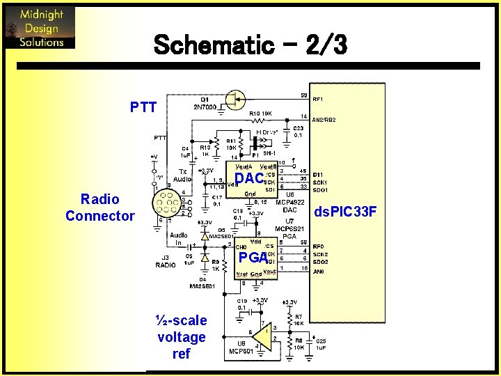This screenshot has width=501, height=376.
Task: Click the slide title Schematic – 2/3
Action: click(x=249, y=46)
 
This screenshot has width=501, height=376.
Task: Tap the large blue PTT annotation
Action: click(x=143, y=107)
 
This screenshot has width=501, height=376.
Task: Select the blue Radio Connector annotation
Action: click(x=100, y=207)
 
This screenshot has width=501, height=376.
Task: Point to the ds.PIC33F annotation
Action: click(x=346, y=210)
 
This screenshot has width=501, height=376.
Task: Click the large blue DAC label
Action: click(x=248, y=179)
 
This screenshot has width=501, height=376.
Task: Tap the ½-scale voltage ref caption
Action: click(x=181, y=337)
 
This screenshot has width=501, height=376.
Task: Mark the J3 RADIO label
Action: click(x=166, y=261)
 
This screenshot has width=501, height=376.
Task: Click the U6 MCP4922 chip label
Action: click(x=289, y=198)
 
